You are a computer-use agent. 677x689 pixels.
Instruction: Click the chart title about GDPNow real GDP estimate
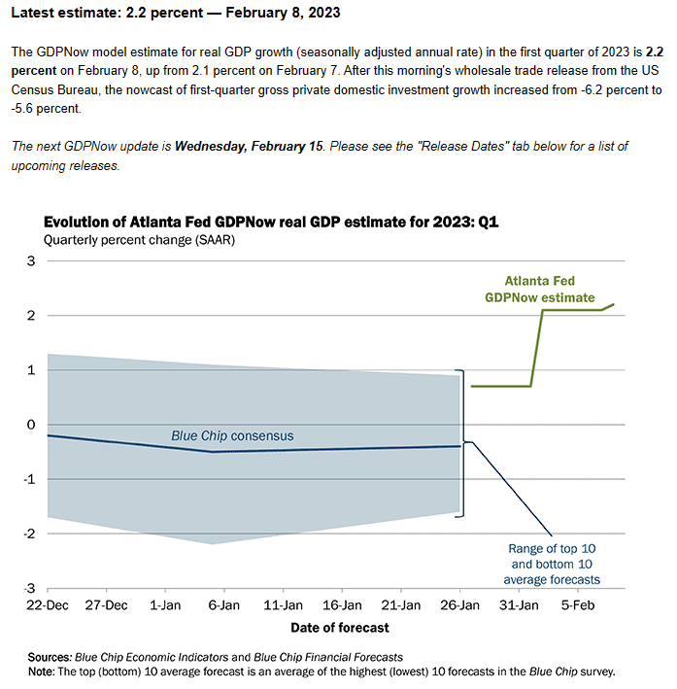coord(271,222)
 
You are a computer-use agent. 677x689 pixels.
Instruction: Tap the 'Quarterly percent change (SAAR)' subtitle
coord(139,240)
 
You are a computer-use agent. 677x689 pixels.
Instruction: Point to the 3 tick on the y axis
coord(31,261)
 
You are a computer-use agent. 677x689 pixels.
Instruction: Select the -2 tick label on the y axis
coord(29,534)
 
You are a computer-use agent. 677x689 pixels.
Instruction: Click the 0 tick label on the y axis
coord(31,425)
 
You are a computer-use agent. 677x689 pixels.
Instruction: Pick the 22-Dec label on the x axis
coord(48,605)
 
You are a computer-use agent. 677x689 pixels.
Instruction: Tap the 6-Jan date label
coord(224,605)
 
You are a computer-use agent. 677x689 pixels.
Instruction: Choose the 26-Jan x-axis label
coord(460,605)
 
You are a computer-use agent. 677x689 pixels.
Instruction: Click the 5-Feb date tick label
coord(578,605)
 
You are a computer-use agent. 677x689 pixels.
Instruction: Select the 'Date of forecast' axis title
coord(340,628)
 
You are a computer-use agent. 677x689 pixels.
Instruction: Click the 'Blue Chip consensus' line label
coord(232,436)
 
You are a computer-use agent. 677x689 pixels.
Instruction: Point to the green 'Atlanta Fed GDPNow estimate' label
coord(540,290)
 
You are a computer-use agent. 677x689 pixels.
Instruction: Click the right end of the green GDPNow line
coord(614,304)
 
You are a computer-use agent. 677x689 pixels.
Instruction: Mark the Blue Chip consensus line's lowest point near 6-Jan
coord(213,452)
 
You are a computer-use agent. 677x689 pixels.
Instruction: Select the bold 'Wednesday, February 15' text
coord(249,147)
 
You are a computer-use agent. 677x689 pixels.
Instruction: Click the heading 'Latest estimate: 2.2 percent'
coord(107,13)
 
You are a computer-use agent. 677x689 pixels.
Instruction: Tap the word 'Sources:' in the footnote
coord(51,657)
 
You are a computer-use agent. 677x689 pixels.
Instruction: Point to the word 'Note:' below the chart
coord(42,672)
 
